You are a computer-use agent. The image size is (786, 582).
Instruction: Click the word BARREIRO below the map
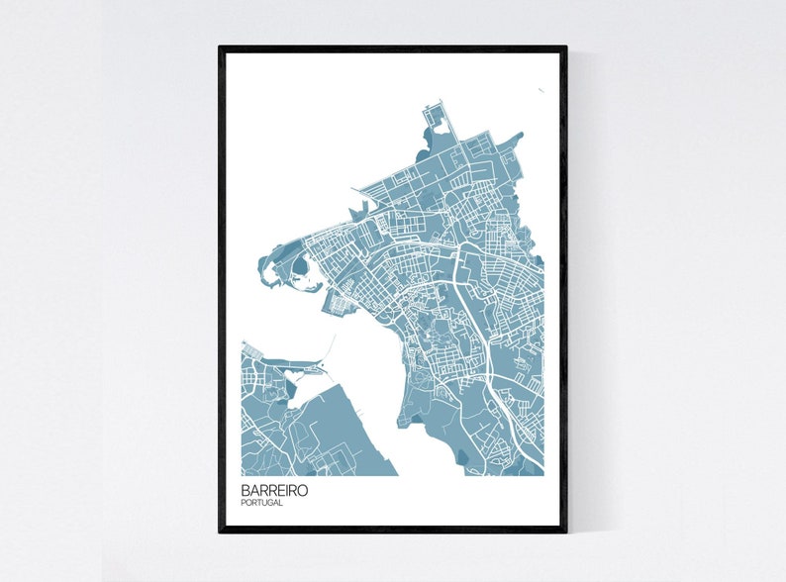pos(273,490)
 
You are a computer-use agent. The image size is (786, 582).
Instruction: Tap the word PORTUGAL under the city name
pos(261,503)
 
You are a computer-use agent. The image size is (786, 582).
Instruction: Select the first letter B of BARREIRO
pos(245,490)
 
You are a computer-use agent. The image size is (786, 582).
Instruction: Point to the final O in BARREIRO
pos(302,490)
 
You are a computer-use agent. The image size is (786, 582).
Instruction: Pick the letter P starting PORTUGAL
pos(243,503)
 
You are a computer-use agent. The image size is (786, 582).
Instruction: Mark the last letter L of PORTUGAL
pos(281,503)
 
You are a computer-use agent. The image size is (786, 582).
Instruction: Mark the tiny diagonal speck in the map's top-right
pos(541,92)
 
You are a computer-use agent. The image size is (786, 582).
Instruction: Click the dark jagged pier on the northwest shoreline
pos(357,211)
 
